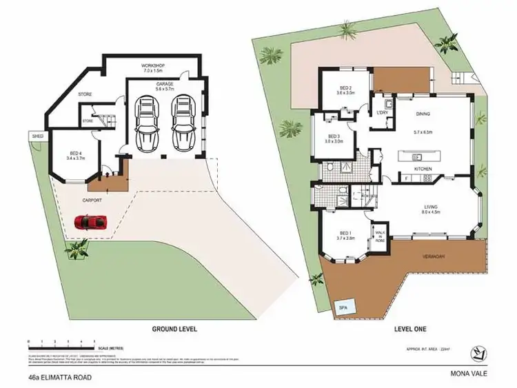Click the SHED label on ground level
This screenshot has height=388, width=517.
coord(38,136)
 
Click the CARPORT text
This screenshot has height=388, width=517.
coord(93,200)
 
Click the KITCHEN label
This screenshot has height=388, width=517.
coord(423,168)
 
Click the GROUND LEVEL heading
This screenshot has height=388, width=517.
coord(174,329)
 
